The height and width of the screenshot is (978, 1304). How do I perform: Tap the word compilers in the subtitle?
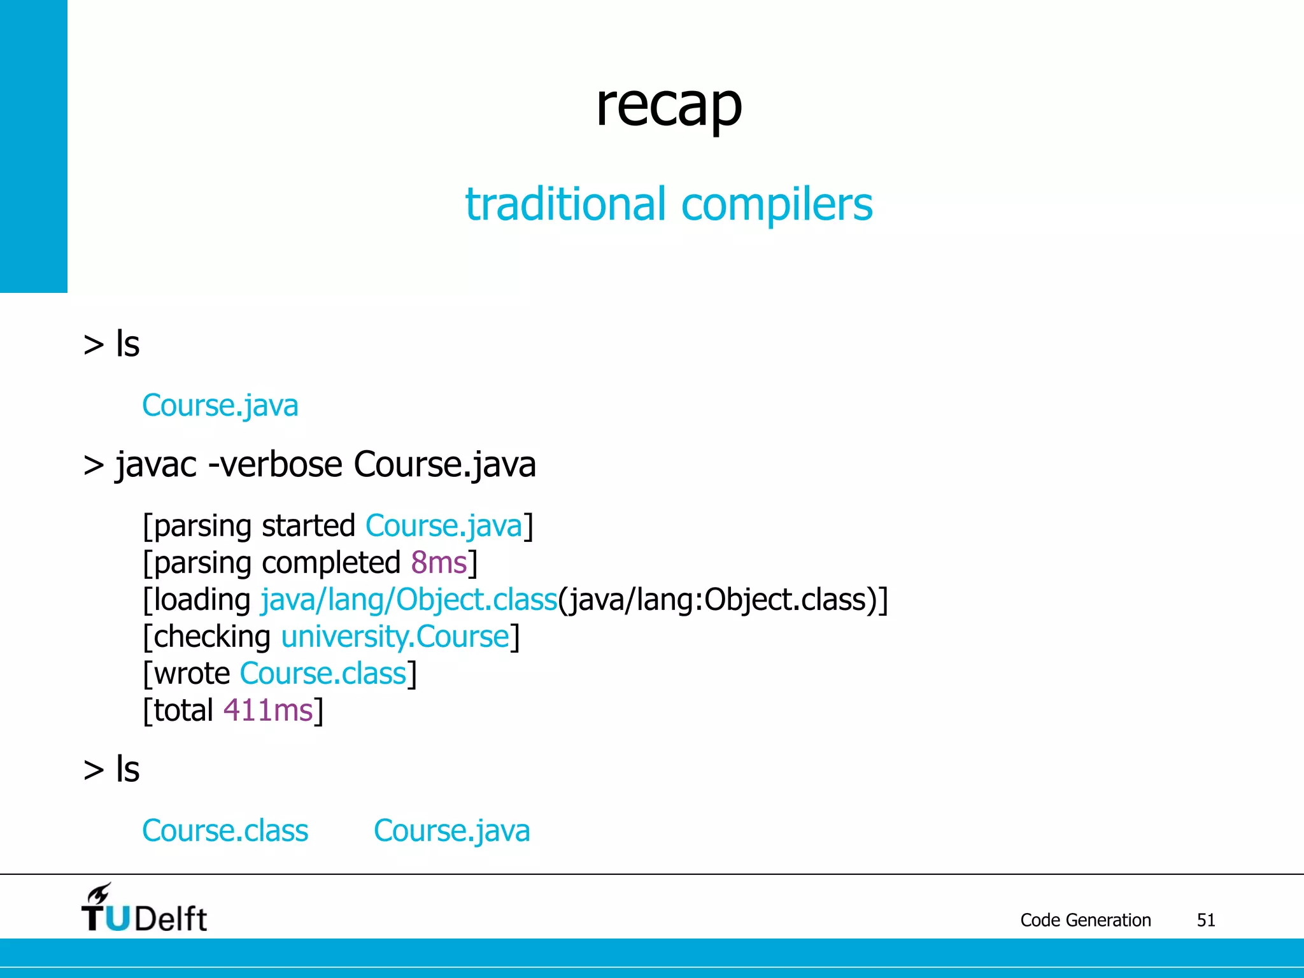click(x=777, y=205)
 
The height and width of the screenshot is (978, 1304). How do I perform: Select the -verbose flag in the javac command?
click(x=275, y=464)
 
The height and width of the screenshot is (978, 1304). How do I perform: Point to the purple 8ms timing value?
click(x=439, y=563)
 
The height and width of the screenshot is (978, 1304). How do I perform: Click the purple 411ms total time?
click(x=268, y=711)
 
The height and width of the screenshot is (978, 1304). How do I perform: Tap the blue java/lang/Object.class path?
click(x=409, y=600)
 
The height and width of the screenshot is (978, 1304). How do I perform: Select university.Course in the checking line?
click(x=395, y=637)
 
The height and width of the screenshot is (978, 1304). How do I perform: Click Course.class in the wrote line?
click(x=323, y=674)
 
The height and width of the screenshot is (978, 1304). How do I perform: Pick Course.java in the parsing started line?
click(x=444, y=526)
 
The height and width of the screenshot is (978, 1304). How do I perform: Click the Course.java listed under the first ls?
click(x=220, y=406)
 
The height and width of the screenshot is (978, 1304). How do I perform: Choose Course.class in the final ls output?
click(x=225, y=831)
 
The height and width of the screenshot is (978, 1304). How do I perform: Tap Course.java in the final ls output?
click(x=451, y=831)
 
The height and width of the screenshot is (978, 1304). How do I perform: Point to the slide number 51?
click(x=1206, y=920)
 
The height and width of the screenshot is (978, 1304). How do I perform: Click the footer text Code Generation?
click(x=1086, y=920)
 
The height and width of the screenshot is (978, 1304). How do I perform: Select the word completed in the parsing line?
click(x=330, y=563)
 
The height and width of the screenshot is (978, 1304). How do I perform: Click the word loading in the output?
click(x=202, y=600)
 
